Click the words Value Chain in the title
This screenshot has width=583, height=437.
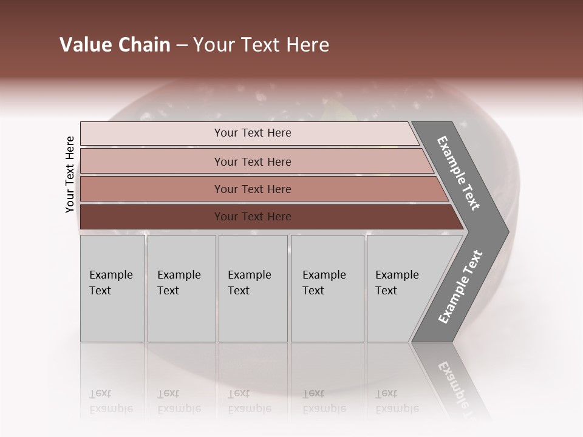pyautogui.click(x=115, y=45)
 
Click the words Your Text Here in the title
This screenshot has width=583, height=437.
pyautogui.click(x=261, y=45)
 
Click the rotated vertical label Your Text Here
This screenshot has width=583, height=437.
pyautogui.click(x=70, y=174)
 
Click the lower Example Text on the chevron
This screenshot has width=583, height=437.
pyautogui.click(x=460, y=287)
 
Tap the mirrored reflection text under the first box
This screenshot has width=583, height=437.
pyautogui.click(x=111, y=401)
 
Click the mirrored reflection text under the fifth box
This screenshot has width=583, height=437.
pyautogui.click(x=397, y=401)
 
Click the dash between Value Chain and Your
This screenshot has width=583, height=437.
pyautogui.click(x=182, y=46)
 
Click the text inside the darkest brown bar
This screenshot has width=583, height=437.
pyautogui.click(x=253, y=217)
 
